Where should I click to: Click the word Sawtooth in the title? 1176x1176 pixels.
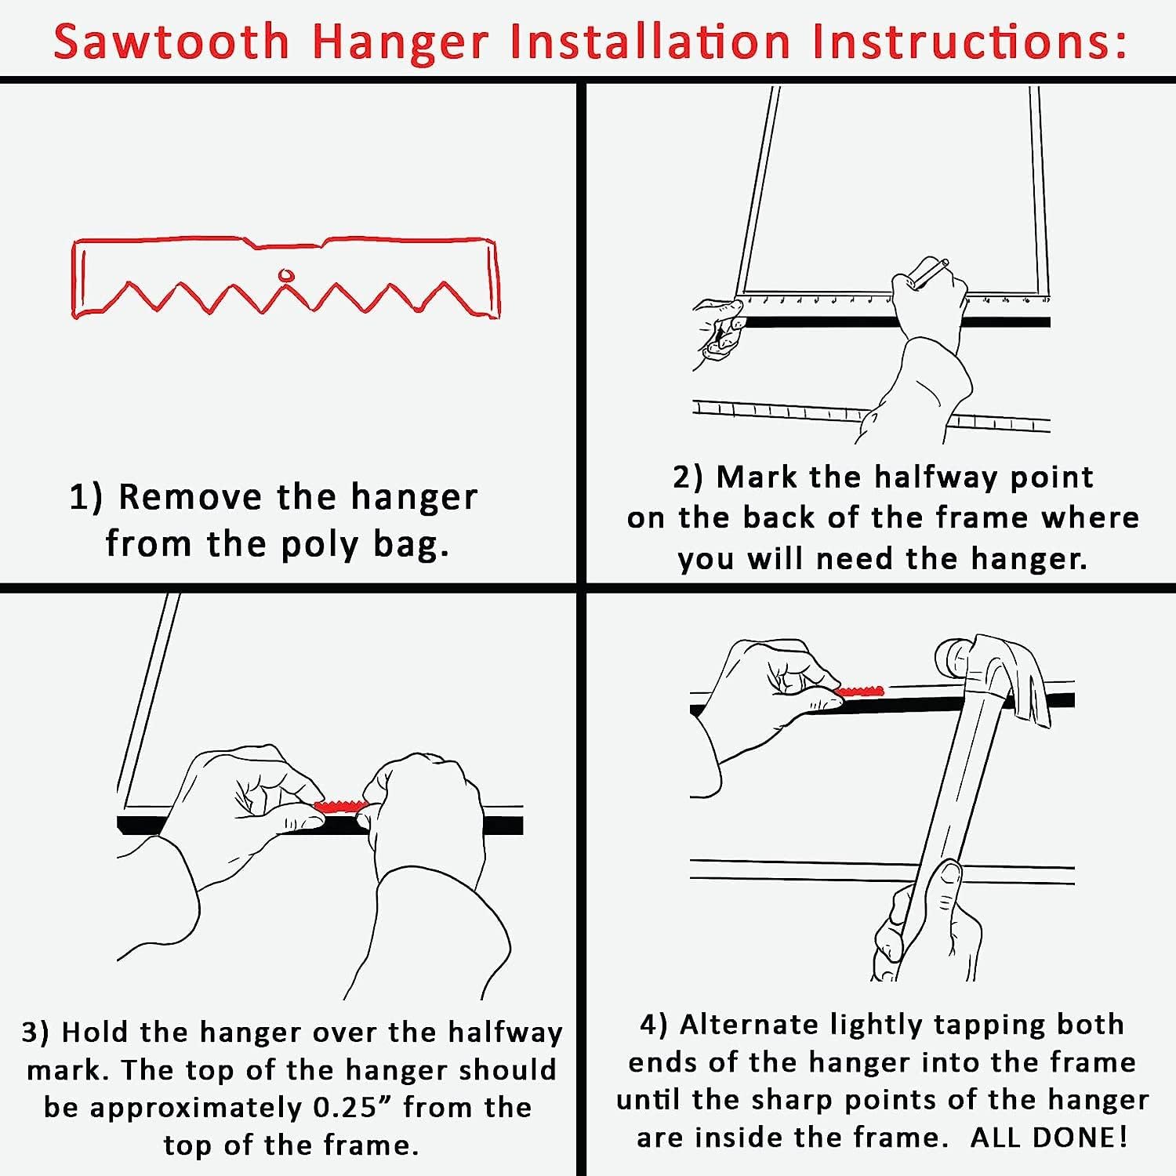click(x=172, y=42)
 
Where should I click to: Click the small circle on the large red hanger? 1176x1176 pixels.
click(x=286, y=276)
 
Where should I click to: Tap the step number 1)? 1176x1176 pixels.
click(x=86, y=497)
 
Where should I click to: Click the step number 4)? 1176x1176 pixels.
click(x=655, y=1025)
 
